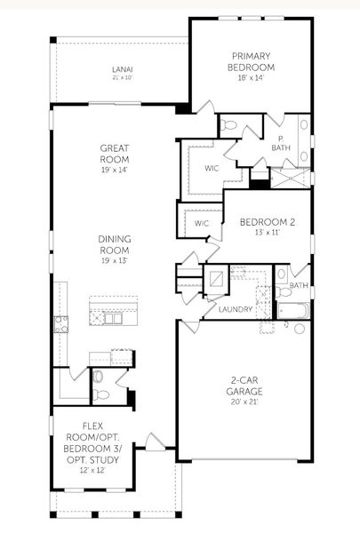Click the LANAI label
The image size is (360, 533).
[x=122, y=69]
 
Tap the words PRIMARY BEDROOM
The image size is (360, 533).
[x=250, y=61]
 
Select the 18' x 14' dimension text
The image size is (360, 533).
[x=250, y=78]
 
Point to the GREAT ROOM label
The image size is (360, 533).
[x=114, y=154]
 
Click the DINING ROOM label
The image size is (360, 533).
[x=114, y=244]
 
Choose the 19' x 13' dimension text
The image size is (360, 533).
[x=114, y=262]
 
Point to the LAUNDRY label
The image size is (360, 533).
[x=234, y=309]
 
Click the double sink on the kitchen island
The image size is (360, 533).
[x=113, y=319]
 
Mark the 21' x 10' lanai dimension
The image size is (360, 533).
[x=122, y=78]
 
